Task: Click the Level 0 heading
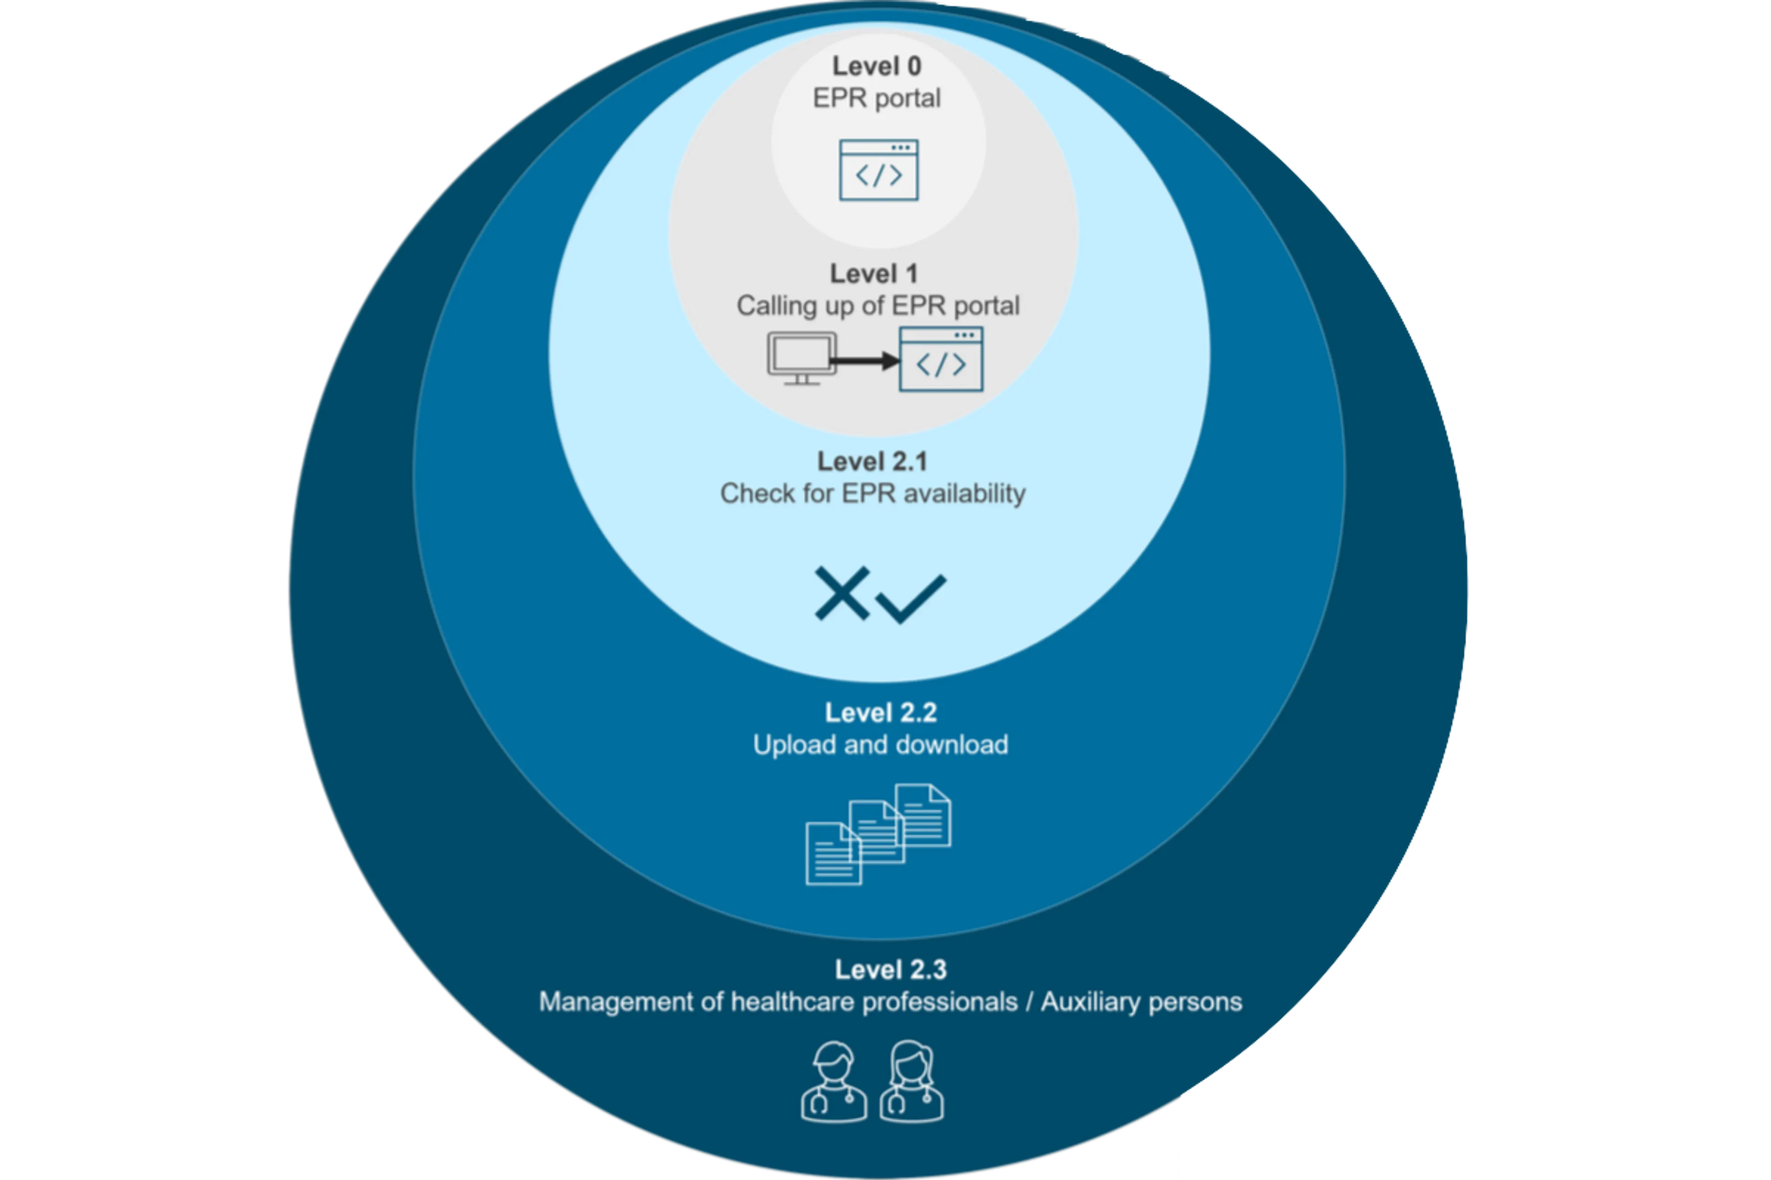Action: point(876,66)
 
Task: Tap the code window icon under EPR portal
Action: point(879,170)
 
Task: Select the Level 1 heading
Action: point(874,274)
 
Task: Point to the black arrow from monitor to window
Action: point(866,361)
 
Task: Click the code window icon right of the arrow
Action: point(941,359)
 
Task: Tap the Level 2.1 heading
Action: point(873,461)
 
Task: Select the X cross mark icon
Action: point(842,594)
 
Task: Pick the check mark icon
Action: point(911,598)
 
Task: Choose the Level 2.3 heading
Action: point(890,969)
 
